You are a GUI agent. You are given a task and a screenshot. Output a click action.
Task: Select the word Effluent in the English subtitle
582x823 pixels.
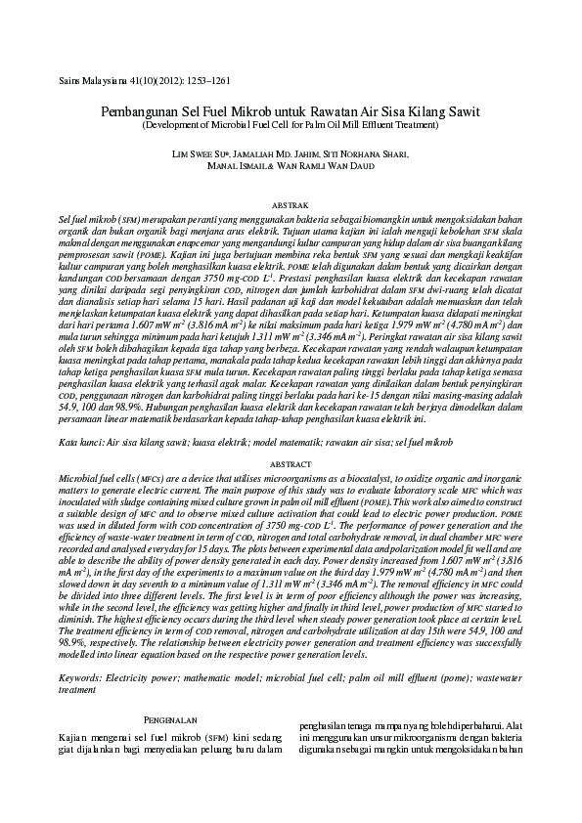pos(376,125)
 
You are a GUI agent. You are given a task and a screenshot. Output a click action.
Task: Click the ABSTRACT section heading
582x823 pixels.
pos(290,462)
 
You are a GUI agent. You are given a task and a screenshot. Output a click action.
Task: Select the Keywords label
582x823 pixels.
pos(85,676)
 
